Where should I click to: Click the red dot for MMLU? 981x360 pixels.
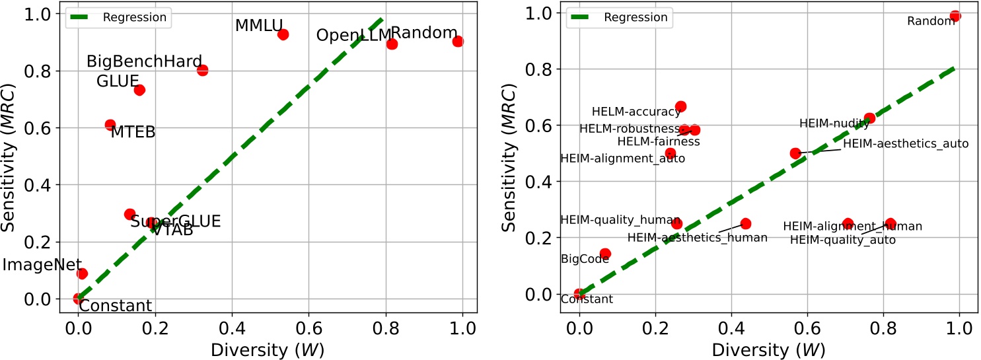(x=283, y=34)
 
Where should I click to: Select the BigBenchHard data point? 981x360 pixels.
(x=202, y=70)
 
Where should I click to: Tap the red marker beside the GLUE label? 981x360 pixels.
(x=139, y=90)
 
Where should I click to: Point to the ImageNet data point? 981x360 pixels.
(x=83, y=273)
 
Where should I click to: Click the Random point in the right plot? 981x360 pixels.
(x=955, y=16)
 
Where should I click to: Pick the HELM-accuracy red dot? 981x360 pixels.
(x=680, y=106)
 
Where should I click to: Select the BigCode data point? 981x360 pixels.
(x=605, y=254)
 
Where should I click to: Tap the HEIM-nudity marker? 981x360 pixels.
(x=869, y=118)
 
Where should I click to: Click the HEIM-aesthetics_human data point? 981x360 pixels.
(x=745, y=224)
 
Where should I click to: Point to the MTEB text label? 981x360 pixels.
(x=133, y=132)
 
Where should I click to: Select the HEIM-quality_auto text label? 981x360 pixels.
(x=842, y=240)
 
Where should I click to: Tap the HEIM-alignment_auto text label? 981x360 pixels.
(x=622, y=159)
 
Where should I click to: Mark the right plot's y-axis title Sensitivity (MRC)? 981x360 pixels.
(x=508, y=157)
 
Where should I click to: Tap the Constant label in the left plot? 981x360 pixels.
(x=116, y=306)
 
